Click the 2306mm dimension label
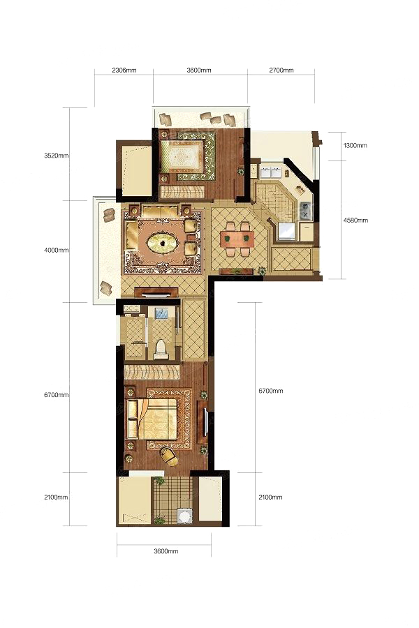[x=124, y=70]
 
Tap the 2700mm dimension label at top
[x=281, y=70]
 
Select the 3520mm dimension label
[x=56, y=156]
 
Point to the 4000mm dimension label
[x=56, y=251]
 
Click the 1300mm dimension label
[x=355, y=145]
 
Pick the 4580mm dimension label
[x=356, y=220]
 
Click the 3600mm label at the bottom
[x=166, y=551]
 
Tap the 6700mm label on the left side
[x=56, y=395]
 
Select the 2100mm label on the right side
[x=270, y=497]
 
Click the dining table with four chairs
[x=237, y=239]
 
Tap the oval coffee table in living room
[x=163, y=243]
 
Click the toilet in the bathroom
[x=161, y=350]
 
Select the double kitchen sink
[x=271, y=171]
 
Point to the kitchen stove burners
[x=306, y=210]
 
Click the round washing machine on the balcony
[x=185, y=516]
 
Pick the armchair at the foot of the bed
[x=169, y=456]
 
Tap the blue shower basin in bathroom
[x=161, y=313]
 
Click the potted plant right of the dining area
[x=261, y=270]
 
